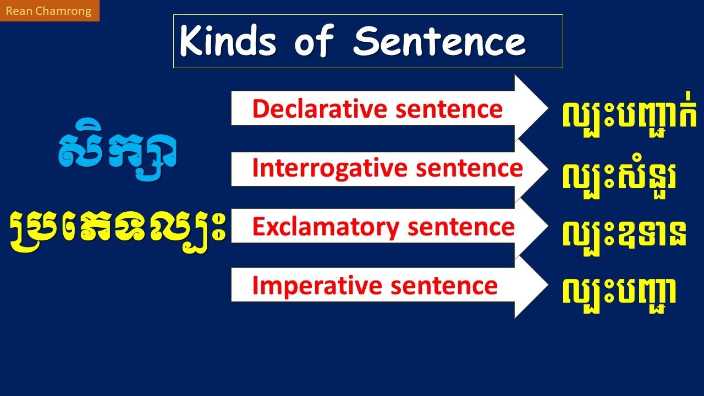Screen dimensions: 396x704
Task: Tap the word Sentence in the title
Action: (x=439, y=42)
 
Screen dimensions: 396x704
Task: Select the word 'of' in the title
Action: (x=314, y=42)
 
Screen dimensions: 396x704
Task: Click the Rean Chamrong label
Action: (x=49, y=11)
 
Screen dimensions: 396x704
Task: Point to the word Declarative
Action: (x=312, y=109)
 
